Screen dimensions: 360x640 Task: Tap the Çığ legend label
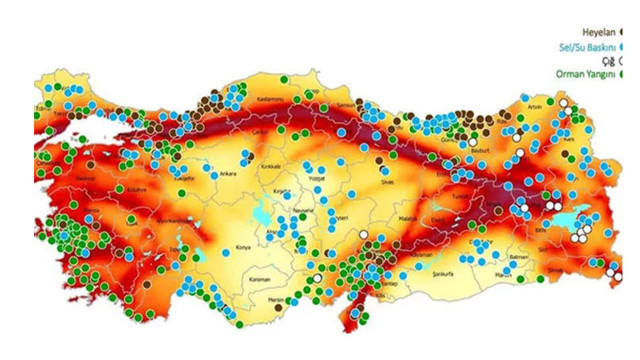click(x=606, y=59)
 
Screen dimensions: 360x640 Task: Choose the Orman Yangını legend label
click(x=582, y=73)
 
